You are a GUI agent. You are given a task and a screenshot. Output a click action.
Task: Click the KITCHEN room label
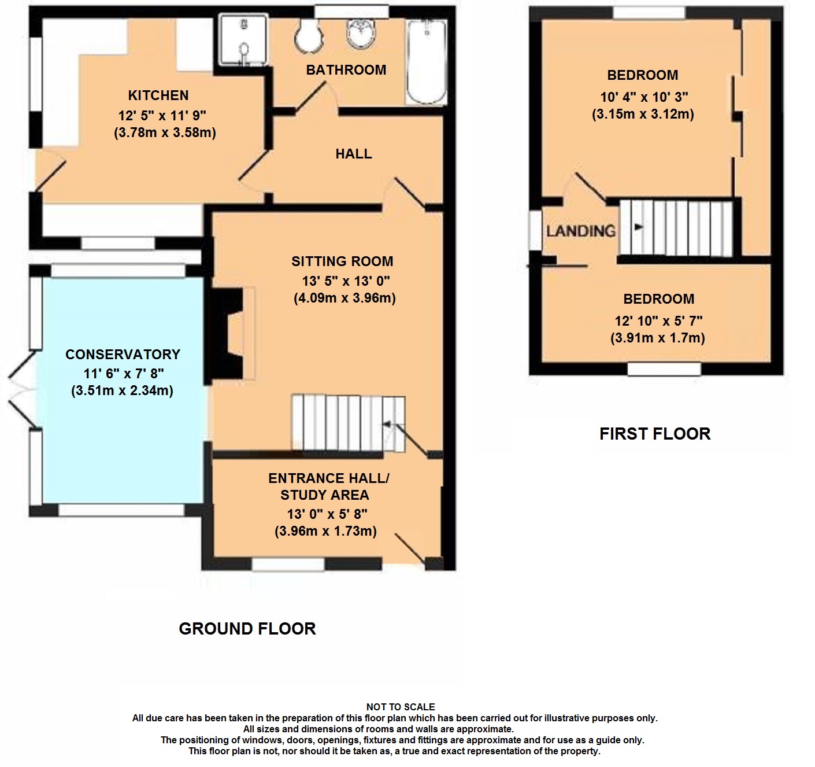coord(158,95)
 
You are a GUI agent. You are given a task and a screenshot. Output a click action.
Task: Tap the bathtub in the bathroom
coord(427,62)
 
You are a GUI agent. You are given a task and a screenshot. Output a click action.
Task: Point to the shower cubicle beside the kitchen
coord(244,40)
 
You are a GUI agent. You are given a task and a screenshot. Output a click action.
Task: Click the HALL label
coord(354,154)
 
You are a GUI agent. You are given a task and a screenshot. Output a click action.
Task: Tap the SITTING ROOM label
coord(342,261)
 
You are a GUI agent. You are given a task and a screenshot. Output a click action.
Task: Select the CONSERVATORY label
coord(123,354)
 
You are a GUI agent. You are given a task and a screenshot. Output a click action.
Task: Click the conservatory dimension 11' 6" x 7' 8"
coord(124,374)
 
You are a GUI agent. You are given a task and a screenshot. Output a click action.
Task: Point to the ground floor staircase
coord(348,423)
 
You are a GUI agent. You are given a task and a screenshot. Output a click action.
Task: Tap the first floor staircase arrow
coord(639,227)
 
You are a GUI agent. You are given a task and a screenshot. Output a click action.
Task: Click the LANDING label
coord(581,231)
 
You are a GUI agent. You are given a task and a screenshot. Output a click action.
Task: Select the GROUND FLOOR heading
coord(247,629)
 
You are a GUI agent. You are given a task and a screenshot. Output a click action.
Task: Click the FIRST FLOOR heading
coord(655,434)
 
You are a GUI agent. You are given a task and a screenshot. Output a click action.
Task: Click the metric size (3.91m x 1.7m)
coord(658,338)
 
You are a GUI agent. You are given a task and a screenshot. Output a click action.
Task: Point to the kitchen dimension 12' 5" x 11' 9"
coord(162,116)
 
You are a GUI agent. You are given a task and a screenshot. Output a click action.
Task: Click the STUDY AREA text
coord(325,495)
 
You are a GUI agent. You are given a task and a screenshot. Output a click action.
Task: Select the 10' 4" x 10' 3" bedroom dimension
coord(644,97)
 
